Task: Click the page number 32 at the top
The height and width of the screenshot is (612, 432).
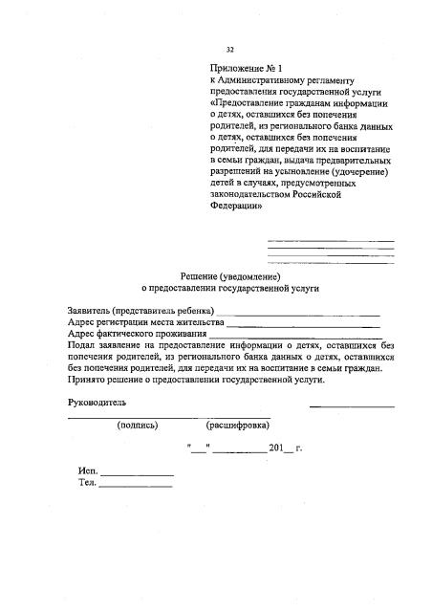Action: coord(229,50)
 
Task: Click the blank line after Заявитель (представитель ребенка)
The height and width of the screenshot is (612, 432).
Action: coord(298,314)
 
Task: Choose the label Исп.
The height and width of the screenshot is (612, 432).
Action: coord(86,472)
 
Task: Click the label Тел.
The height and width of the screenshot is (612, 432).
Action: coord(86,484)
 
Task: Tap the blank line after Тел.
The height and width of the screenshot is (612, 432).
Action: coord(136,487)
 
